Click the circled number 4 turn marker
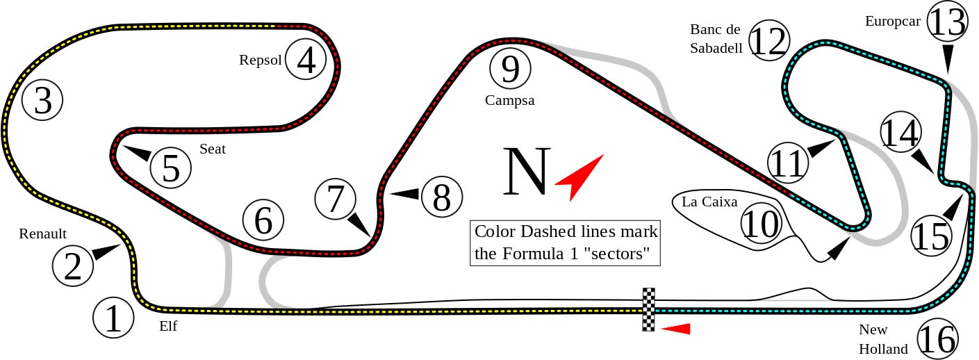coord(306,59)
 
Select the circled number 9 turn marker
coord(510,69)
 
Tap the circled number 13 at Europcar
coord(947,22)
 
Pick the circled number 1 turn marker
coord(113,318)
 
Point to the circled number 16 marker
coord(937,339)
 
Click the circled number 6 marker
coord(263,220)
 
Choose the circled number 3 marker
coord(42,101)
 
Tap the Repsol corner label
coord(260,60)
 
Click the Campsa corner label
coord(509,101)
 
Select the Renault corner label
coord(42,234)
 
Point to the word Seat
coord(213,149)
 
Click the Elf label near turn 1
coord(168,326)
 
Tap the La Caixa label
coord(709,202)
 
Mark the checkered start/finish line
coord(648,309)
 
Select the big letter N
coord(526,172)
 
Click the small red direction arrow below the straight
coord(675,329)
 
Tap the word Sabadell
coord(716,48)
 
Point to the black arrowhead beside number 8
coord(404,194)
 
